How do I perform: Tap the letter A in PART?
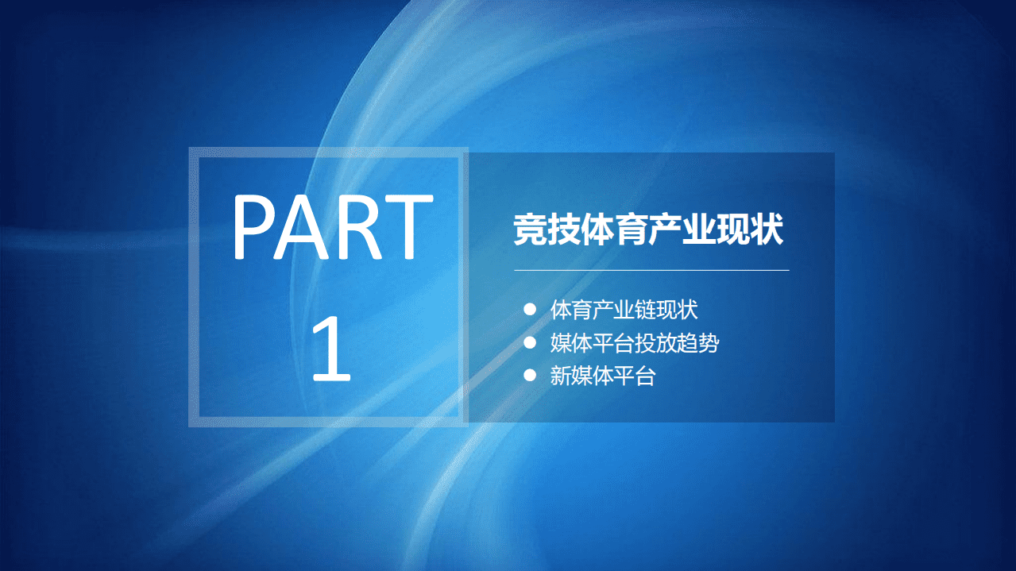click(306, 230)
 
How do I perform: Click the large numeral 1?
click(330, 349)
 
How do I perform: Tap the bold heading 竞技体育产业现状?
click(648, 230)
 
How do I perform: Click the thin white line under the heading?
click(651, 270)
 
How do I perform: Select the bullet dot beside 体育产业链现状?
click(530, 309)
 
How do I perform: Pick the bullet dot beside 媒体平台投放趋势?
click(530, 343)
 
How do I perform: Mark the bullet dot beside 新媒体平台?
click(530, 376)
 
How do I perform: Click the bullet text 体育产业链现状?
click(624, 309)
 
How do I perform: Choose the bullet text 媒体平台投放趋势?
click(635, 343)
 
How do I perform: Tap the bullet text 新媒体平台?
click(602, 376)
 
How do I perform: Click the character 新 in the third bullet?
click(561, 376)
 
